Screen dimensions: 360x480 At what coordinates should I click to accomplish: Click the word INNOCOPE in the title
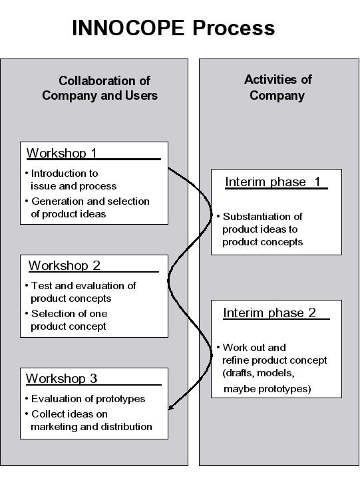128,28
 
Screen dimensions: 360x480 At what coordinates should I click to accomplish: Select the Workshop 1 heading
62,153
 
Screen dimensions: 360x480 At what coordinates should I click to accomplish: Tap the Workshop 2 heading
65,265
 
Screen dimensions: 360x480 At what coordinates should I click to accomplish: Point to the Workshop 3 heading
62,378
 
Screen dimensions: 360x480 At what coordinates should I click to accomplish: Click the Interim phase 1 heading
273,182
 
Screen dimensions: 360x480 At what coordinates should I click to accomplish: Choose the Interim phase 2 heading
270,313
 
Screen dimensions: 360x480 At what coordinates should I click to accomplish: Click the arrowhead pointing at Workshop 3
171,407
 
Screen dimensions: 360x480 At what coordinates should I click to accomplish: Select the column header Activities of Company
277,88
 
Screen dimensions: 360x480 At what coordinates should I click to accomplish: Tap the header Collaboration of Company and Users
100,88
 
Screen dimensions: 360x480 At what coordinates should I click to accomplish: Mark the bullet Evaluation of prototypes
85,399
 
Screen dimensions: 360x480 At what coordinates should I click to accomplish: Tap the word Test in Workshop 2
42,286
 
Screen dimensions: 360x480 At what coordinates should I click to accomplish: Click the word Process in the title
234,28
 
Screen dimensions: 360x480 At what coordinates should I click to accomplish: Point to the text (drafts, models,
259,373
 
